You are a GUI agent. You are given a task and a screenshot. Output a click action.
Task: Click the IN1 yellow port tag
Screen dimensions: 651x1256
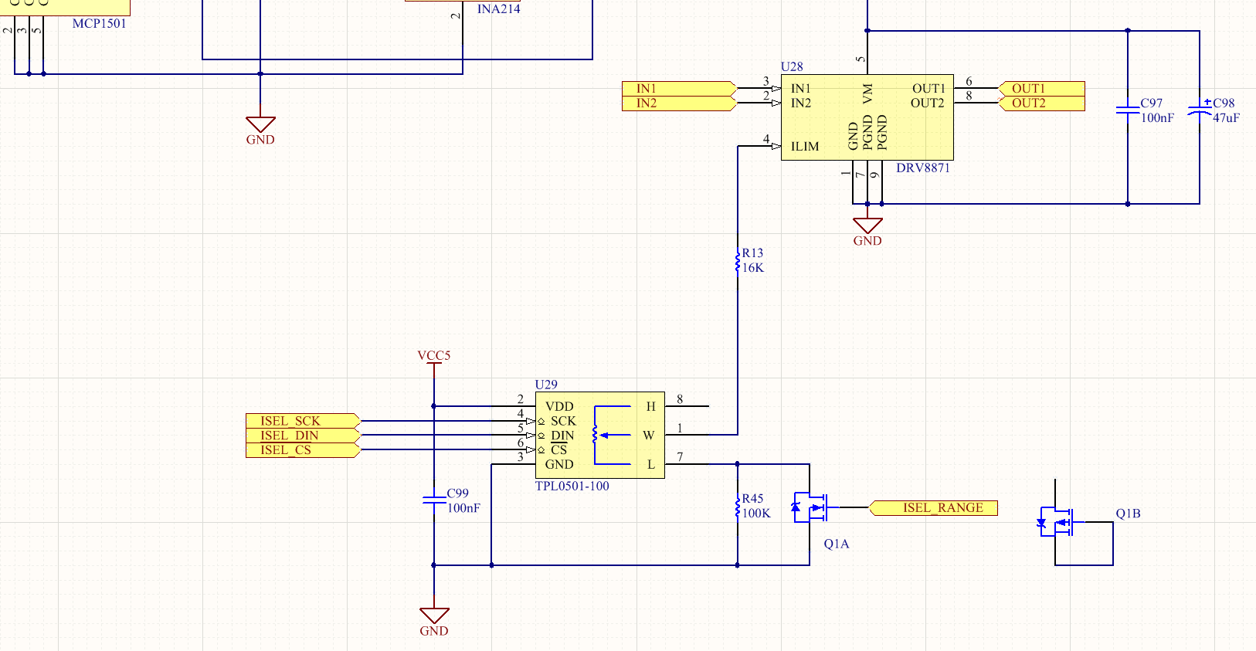678,89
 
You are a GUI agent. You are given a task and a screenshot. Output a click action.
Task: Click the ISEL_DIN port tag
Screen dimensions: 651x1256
302,436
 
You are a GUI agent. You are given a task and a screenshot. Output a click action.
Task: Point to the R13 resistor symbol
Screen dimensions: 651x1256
738,261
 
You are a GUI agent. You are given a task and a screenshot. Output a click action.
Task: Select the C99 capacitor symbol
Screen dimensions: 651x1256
434,500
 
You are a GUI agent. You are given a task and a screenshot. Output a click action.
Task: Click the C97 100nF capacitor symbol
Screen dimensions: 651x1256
1128,110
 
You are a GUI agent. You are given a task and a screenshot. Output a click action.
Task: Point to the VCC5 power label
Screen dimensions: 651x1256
434,356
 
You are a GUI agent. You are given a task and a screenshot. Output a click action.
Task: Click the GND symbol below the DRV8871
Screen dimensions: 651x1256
867,226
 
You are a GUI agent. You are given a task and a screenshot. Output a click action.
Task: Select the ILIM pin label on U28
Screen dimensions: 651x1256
805,147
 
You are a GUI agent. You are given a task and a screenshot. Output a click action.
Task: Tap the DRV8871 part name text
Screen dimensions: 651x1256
923,168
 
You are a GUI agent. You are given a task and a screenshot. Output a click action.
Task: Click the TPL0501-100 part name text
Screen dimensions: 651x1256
572,487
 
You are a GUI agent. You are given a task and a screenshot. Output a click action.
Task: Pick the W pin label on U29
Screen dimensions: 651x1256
649,436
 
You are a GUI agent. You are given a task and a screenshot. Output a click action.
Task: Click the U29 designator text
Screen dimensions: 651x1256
546,385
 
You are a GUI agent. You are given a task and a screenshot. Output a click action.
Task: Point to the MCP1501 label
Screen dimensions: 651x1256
100,24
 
